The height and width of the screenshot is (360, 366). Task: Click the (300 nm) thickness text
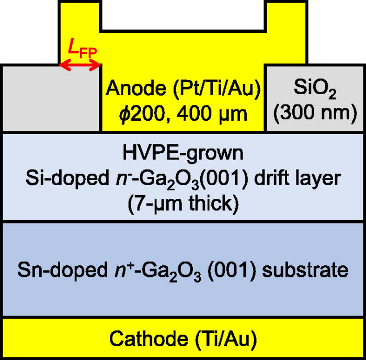click(x=312, y=113)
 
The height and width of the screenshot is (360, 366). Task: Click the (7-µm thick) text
click(x=183, y=203)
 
